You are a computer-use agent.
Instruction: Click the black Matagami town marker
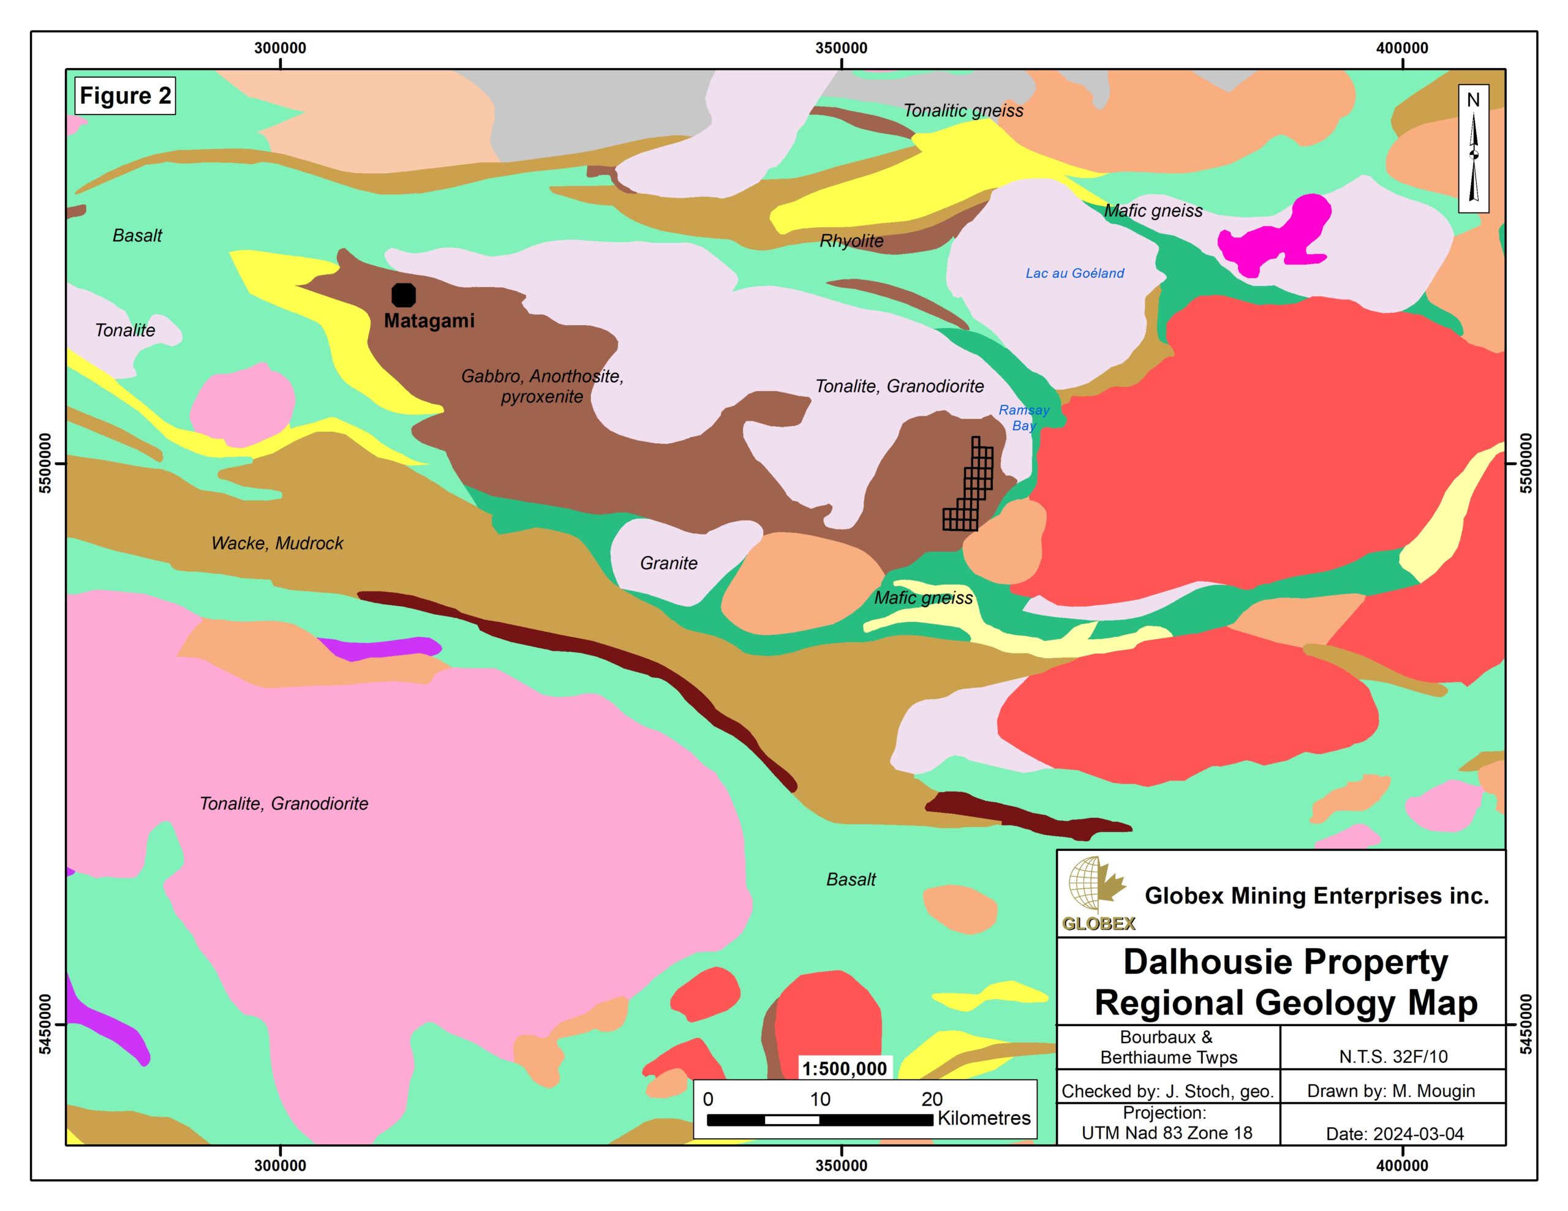click(x=404, y=295)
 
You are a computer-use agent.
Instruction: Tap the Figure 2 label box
click(x=125, y=96)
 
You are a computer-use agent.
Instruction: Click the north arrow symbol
click(x=1473, y=149)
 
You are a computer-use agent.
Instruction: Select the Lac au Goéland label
click(x=1074, y=273)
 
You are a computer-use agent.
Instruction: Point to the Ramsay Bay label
click(x=1024, y=418)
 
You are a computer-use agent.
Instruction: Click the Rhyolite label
click(x=851, y=241)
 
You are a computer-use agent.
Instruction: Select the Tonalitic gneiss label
click(x=963, y=111)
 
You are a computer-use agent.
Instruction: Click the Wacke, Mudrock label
click(x=277, y=544)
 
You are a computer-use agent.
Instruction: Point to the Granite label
click(x=668, y=563)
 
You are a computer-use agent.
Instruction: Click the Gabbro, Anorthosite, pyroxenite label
click(x=542, y=386)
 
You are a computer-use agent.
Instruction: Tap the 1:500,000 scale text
click(x=844, y=1069)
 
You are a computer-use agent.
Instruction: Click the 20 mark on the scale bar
click(x=932, y=1099)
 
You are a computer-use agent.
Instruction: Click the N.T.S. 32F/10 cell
click(x=1393, y=1057)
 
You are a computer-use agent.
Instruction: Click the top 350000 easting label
click(x=841, y=48)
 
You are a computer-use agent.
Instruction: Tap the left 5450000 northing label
click(x=45, y=1024)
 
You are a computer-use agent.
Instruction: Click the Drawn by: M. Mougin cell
click(x=1390, y=1091)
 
